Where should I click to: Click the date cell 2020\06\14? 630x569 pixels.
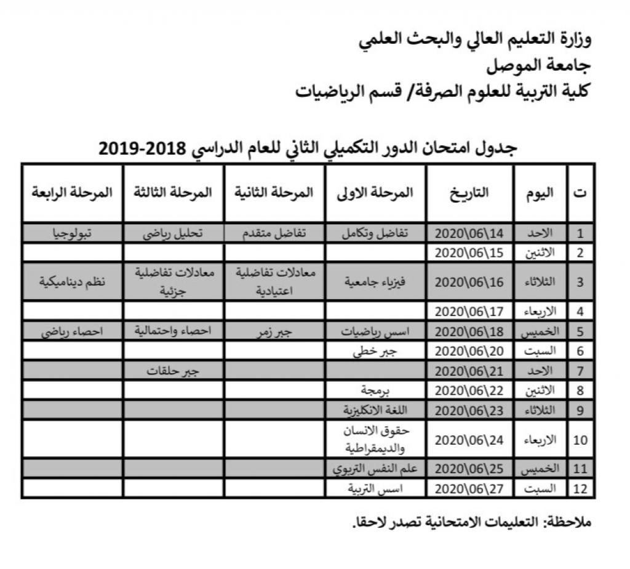pos(469,233)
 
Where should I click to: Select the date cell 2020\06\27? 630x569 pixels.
pos(469,490)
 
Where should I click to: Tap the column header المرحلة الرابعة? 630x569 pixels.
pos(72,192)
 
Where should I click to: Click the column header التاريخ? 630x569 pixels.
pos(469,192)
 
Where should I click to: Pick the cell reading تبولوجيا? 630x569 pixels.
pos(72,233)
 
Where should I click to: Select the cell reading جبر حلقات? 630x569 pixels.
pos(173,371)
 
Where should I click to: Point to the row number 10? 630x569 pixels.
pos(580,440)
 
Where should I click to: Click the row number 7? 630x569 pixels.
pos(580,371)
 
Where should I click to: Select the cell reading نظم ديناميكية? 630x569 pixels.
pos(72,282)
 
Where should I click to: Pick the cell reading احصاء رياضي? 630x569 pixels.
pos(72,331)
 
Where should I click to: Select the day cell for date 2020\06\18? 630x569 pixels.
pos(540,331)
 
